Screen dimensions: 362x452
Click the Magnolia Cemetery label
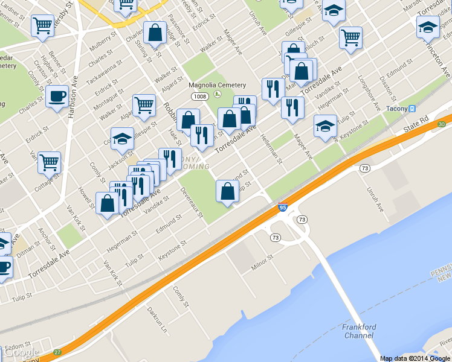coord(217,85)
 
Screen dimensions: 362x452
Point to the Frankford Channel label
coord(359,331)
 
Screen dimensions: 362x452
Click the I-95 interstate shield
coord(282,208)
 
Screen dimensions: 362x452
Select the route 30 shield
coord(441,124)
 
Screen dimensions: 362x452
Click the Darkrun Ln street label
coord(156,320)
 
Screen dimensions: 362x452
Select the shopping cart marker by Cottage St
coord(50,162)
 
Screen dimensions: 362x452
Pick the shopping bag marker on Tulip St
coord(227,191)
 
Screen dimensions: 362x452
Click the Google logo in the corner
coord(21,353)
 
